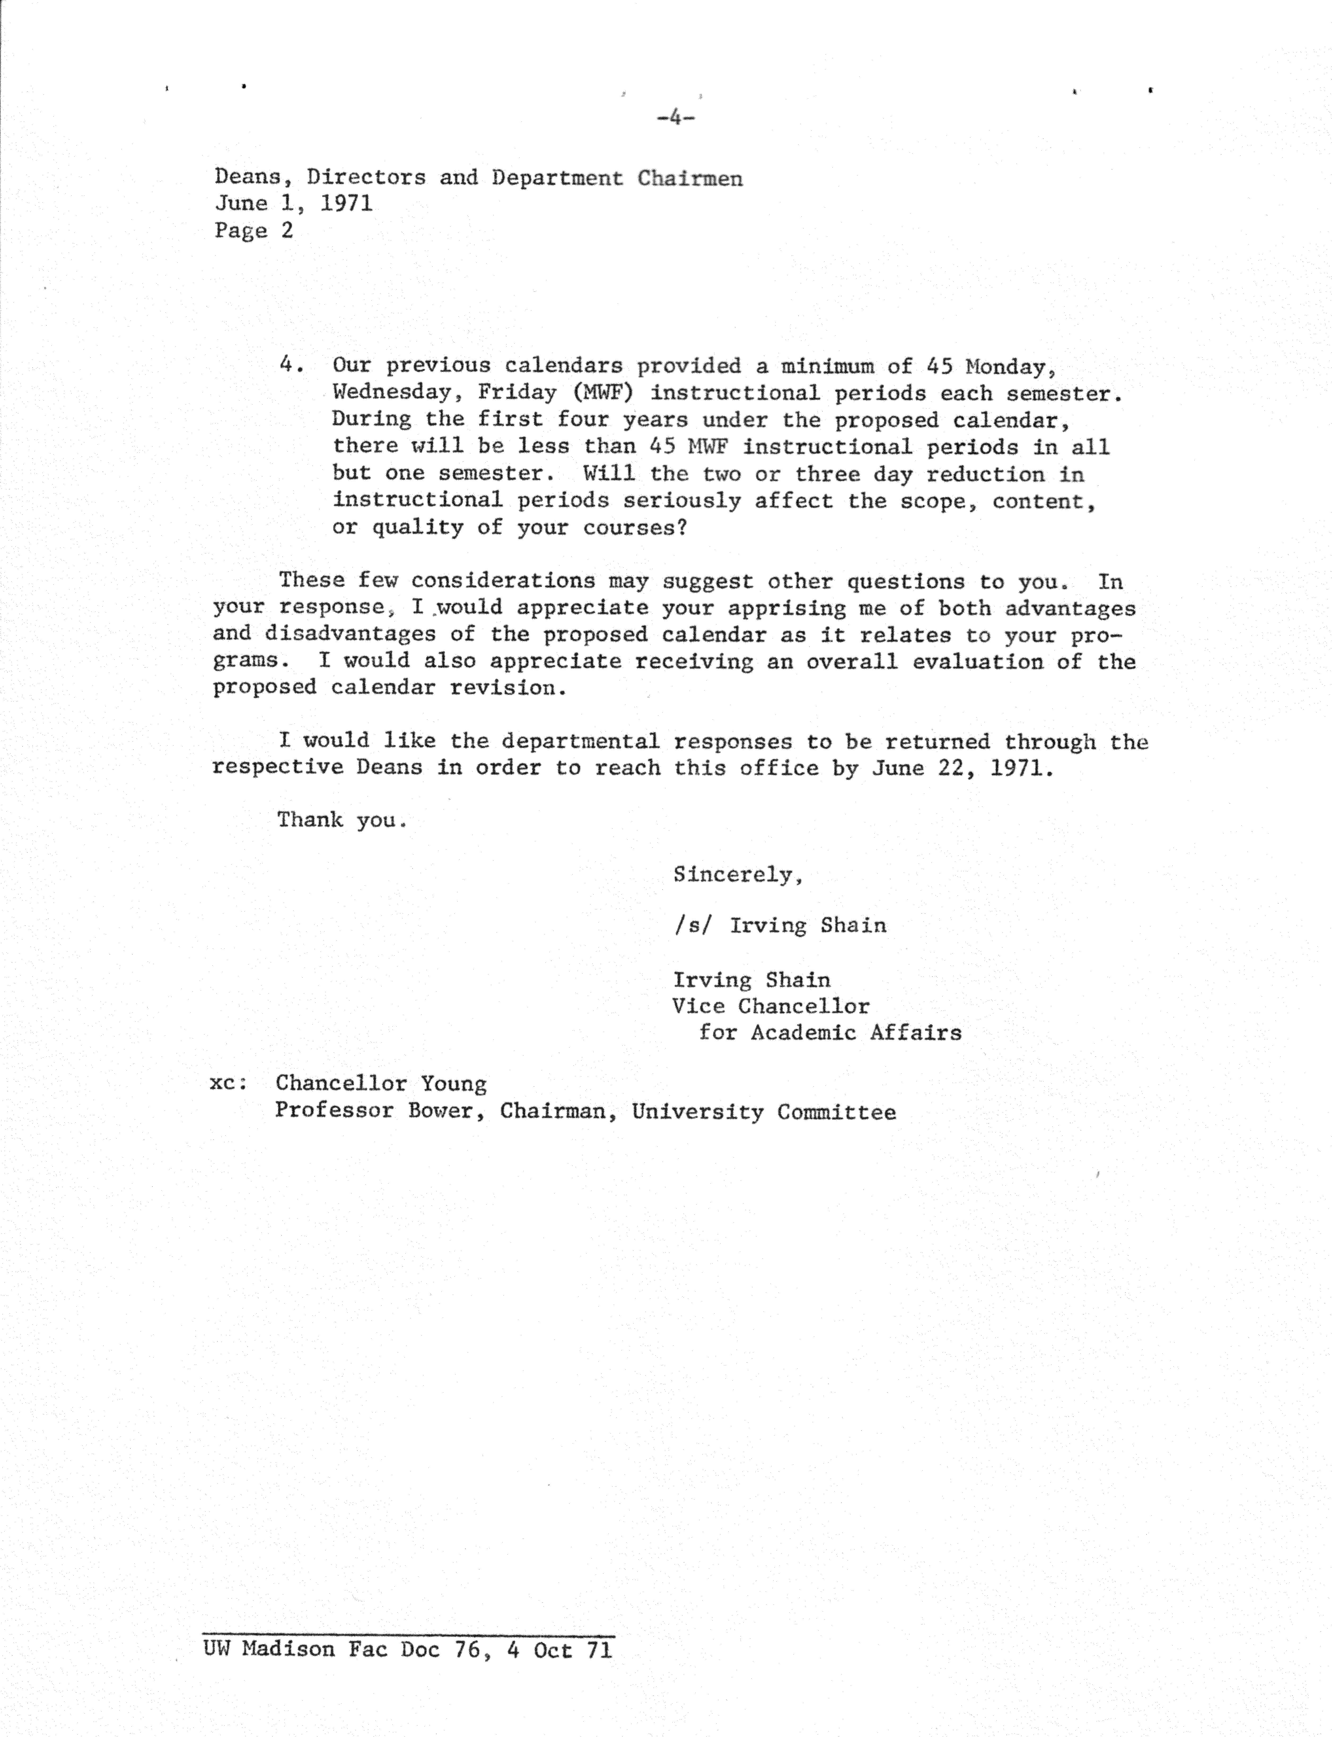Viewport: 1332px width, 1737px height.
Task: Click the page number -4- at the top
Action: click(x=676, y=118)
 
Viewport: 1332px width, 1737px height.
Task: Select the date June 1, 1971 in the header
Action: click(x=293, y=204)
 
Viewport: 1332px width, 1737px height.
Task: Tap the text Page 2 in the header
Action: click(x=254, y=231)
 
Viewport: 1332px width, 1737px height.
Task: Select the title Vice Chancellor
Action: click(x=771, y=1006)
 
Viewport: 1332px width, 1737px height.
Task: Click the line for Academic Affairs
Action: click(x=829, y=1032)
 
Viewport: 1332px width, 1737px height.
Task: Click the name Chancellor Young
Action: click(x=380, y=1084)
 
